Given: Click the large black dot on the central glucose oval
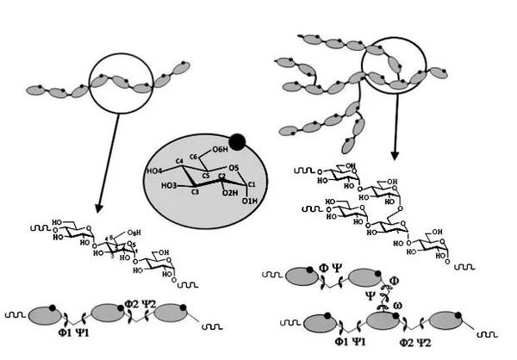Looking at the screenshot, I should pos(237,140).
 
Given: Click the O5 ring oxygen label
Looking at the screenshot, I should pos(230,168).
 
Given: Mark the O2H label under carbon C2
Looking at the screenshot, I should pos(227,193).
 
